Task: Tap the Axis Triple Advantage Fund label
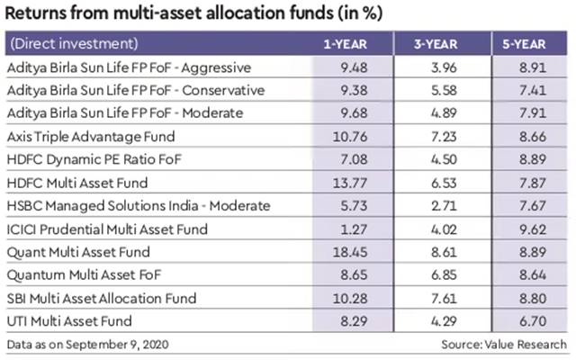[x=88, y=137]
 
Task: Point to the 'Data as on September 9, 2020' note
[x=87, y=344]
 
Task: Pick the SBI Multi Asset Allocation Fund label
[x=97, y=298]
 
